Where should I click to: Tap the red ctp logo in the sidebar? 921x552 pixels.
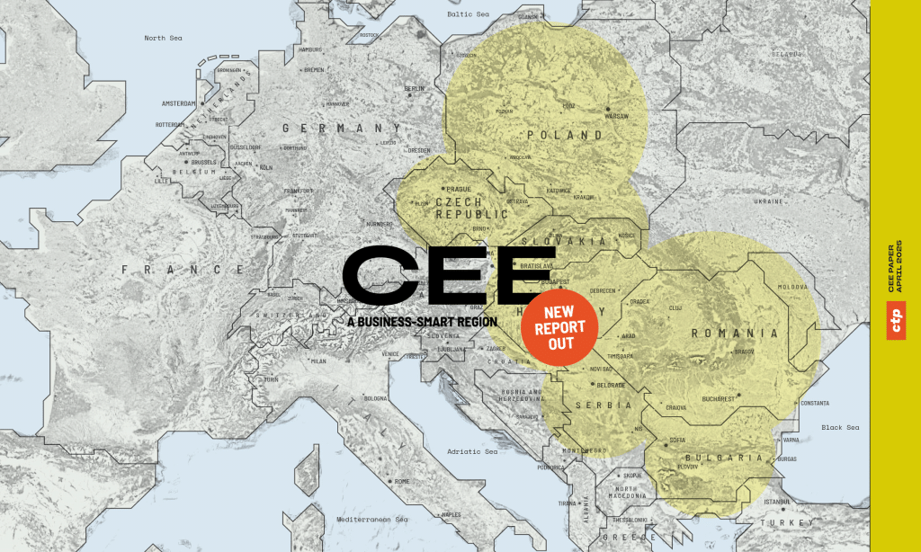(x=896, y=322)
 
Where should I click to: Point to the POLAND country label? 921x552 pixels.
(x=565, y=135)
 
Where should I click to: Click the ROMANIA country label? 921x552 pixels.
(x=734, y=334)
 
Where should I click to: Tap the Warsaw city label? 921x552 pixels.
(x=617, y=116)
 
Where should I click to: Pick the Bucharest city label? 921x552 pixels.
(x=720, y=397)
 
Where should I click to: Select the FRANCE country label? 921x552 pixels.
(x=183, y=269)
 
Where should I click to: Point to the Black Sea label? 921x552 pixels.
(x=840, y=427)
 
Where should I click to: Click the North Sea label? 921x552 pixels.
(x=163, y=38)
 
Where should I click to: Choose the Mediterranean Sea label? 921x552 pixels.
(x=373, y=520)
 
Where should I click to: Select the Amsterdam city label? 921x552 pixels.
(x=178, y=103)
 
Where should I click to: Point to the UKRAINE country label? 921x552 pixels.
(x=767, y=201)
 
